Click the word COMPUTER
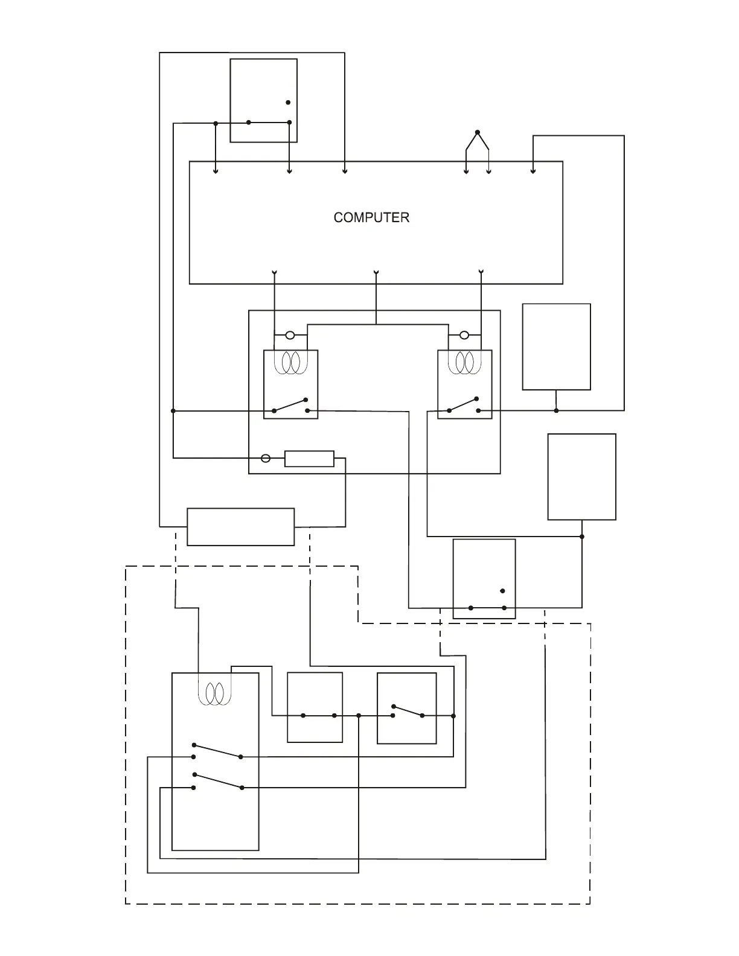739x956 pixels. click(371, 217)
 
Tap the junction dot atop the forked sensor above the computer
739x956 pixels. click(477, 132)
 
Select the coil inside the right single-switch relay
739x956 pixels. click(464, 362)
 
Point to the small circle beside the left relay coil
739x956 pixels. click(290, 336)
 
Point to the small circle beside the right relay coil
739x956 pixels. click(464, 336)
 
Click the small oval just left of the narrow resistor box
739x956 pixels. click(266, 459)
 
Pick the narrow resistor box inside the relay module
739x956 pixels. click(309, 459)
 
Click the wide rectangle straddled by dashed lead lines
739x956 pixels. click(241, 527)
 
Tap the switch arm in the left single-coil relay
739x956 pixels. click(290, 405)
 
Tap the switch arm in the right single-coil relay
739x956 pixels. click(463, 404)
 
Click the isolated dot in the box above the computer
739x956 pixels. click(288, 103)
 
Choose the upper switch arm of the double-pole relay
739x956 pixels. click(217, 751)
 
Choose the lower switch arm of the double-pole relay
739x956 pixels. click(217, 781)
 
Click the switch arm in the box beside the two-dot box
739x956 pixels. click(408, 711)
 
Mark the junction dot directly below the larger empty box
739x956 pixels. click(582, 537)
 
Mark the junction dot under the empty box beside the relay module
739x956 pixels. click(556, 410)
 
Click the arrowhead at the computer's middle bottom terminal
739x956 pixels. click(377, 273)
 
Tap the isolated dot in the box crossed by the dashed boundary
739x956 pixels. click(502, 591)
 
